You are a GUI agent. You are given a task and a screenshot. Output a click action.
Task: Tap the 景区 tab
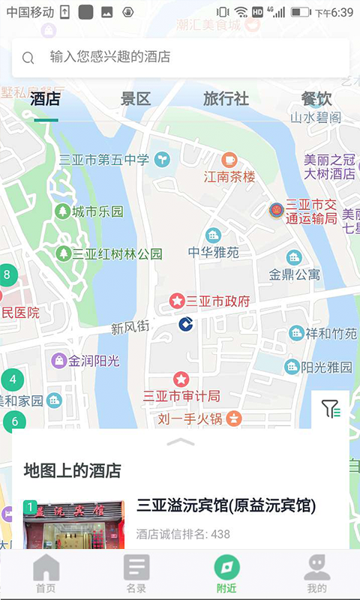[x=136, y=99]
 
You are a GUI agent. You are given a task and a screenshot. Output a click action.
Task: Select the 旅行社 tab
[x=226, y=99]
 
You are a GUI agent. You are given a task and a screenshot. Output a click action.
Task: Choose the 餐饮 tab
[x=316, y=99]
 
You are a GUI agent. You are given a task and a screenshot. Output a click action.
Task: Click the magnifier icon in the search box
[x=28, y=58]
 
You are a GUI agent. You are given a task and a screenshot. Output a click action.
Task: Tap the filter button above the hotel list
[x=330, y=409]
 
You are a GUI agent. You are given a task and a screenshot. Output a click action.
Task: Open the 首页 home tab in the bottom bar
[x=46, y=574]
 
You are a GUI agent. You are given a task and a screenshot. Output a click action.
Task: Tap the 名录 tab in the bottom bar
[x=136, y=574]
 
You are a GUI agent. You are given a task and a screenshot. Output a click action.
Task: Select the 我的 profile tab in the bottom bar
[x=316, y=574]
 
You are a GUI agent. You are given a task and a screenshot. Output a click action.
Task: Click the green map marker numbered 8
[x=7, y=274]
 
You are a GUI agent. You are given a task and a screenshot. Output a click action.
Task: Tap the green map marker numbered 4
[x=13, y=379]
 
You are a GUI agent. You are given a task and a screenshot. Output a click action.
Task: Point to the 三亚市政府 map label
[x=217, y=301]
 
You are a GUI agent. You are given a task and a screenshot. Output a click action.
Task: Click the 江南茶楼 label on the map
[x=229, y=177]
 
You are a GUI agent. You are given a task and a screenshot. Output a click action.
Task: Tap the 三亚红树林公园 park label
[x=117, y=254]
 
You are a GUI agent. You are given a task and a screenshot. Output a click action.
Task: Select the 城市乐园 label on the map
[x=97, y=212]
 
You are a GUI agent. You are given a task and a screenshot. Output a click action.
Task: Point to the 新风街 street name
[x=130, y=327]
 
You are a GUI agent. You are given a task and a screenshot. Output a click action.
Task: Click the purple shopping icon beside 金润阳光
[x=58, y=361]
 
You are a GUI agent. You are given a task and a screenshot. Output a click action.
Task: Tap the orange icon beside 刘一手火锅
[x=234, y=418]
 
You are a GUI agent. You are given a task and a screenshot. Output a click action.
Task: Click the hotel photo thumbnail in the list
[x=74, y=525]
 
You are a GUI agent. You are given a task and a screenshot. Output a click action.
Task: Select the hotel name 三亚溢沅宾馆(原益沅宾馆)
[x=226, y=505]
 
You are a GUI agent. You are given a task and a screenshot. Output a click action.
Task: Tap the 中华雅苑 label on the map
[x=213, y=253]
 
